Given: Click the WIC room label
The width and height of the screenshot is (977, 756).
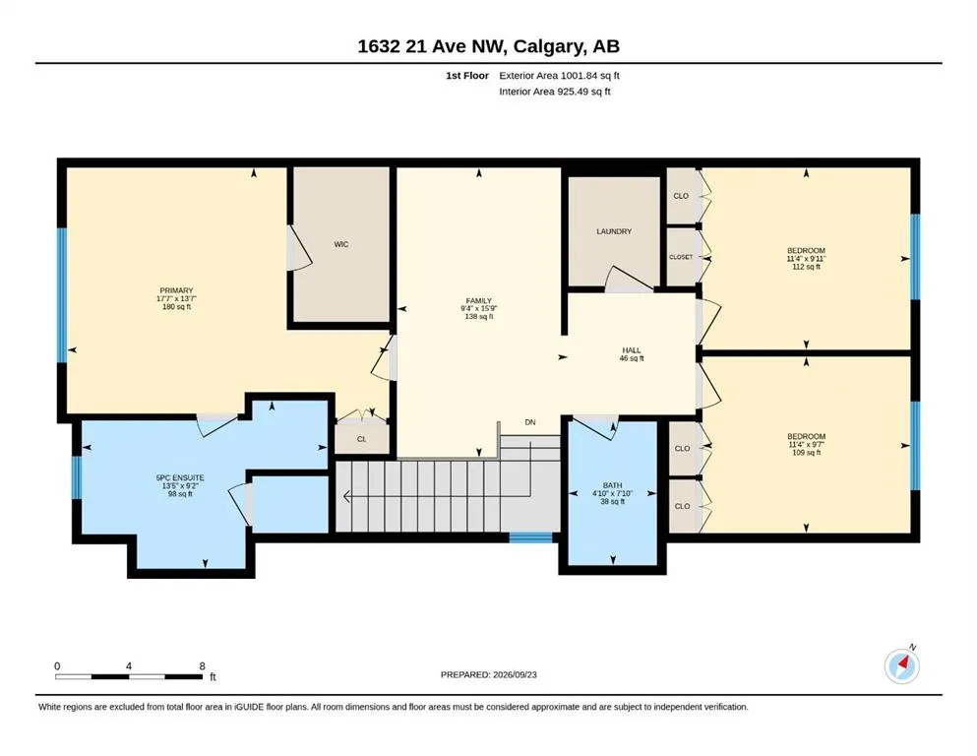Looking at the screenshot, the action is (x=340, y=244).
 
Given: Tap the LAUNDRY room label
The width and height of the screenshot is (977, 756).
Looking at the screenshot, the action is (x=614, y=231).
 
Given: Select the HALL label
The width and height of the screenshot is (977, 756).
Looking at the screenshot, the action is (x=632, y=350).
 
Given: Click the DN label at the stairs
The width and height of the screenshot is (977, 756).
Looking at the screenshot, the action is (x=530, y=422).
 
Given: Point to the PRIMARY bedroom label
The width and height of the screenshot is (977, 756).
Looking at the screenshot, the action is (x=176, y=290).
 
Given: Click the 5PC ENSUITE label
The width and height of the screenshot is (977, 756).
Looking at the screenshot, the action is (x=180, y=478).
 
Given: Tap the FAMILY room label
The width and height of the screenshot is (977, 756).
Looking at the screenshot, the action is (x=478, y=300).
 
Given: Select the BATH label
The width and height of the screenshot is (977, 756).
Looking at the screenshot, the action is (x=613, y=485).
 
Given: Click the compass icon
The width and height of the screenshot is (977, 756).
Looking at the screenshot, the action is (x=901, y=665).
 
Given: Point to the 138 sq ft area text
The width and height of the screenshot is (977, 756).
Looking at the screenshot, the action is (x=478, y=317).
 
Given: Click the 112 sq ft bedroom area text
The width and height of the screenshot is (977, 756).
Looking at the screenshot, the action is (x=806, y=267).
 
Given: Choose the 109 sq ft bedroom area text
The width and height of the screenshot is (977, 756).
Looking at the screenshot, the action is (x=806, y=453).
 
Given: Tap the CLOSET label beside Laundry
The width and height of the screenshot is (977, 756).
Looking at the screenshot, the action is (x=681, y=257).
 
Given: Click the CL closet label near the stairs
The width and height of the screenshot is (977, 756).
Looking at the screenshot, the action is (x=361, y=439).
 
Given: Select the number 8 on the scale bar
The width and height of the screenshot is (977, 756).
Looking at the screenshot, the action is (x=202, y=665).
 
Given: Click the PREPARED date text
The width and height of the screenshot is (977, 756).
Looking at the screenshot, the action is (x=488, y=674).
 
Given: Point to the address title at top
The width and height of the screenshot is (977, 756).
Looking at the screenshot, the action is (x=488, y=46).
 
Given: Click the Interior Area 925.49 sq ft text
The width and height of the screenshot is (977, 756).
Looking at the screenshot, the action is (x=555, y=92).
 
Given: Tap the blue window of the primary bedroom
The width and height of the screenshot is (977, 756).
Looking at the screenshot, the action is (x=62, y=295).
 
